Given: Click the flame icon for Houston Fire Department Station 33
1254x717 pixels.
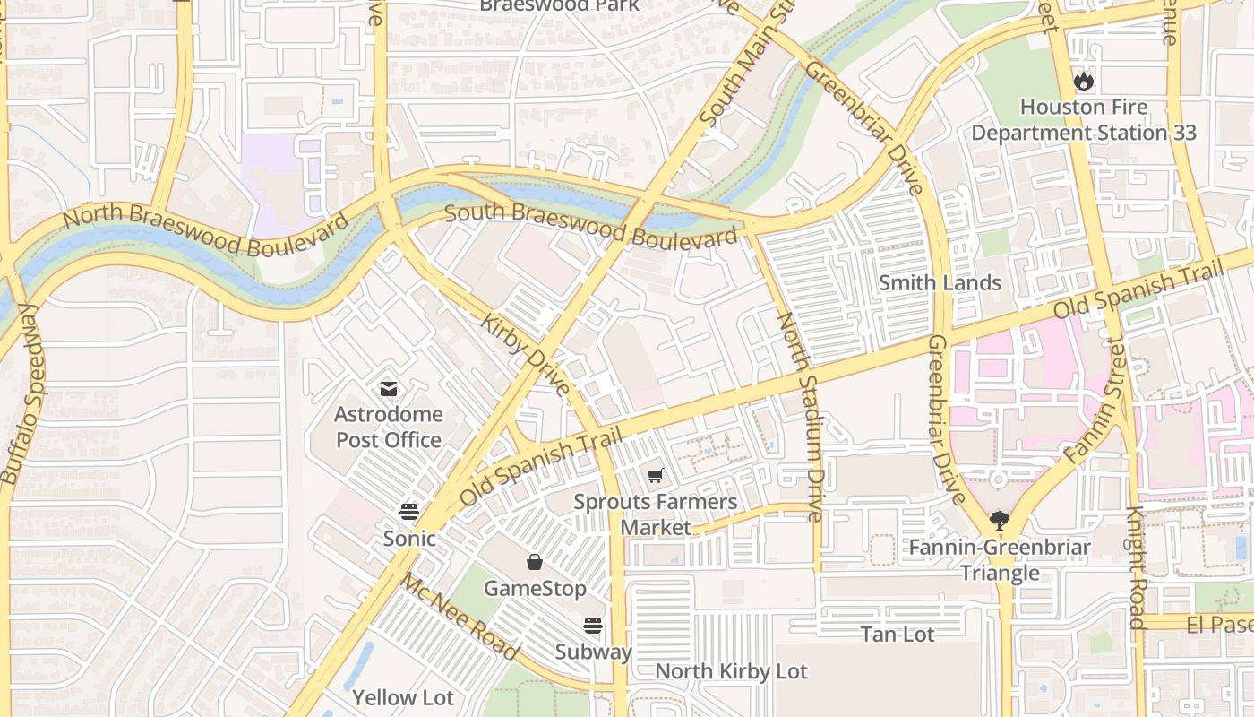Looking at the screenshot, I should pyautogui.click(x=1084, y=82).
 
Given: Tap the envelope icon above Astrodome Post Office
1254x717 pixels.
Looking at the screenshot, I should pyautogui.click(x=389, y=389).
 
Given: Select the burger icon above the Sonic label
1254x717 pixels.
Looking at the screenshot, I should pyautogui.click(x=409, y=512).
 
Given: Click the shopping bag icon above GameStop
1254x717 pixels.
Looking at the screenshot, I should pyautogui.click(x=535, y=562).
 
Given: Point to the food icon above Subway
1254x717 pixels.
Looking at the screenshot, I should pyautogui.click(x=593, y=626).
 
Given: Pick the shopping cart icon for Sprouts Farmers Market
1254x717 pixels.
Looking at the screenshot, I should pyautogui.click(x=656, y=475).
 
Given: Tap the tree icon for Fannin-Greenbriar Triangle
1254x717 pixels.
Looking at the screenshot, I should pyautogui.click(x=1000, y=520).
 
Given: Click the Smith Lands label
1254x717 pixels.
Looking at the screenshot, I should pyautogui.click(x=940, y=283).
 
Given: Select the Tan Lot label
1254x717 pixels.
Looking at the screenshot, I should pyautogui.click(x=898, y=635).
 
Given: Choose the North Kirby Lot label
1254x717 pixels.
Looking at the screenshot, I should pyautogui.click(x=731, y=671).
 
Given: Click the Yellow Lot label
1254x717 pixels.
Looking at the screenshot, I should pyautogui.click(x=402, y=697).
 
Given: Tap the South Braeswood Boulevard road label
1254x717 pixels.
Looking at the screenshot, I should pyautogui.click(x=591, y=226).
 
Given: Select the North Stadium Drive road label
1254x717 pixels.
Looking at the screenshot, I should pyautogui.click(x=800, y=416).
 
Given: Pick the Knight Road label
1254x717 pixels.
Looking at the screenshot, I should pyautogui.click(x=1136, y=568).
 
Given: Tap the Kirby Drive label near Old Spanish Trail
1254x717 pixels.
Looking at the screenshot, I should pyautogui.click(x=526, y=355).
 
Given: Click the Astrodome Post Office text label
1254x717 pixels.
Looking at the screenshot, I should pyautogui.click(x=388, y=428).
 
